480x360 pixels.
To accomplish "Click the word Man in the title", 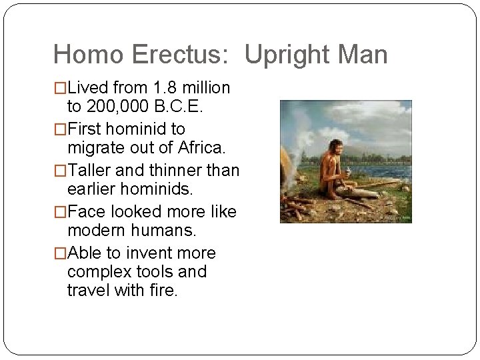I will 365,55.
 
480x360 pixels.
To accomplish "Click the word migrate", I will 95,147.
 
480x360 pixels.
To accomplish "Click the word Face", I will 85,211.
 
